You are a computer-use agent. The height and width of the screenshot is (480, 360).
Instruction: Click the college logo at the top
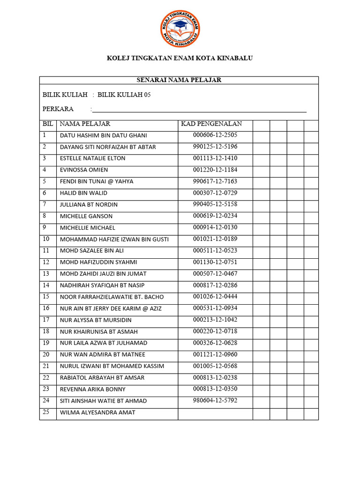point(180,29)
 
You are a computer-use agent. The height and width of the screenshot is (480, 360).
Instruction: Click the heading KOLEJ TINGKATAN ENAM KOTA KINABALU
point(180,58)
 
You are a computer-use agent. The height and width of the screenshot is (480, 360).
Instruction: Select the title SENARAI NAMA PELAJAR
point(179,80)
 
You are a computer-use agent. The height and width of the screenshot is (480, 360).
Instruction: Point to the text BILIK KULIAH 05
point(124,95)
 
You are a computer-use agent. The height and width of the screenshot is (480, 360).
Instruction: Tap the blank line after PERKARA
point(199,110)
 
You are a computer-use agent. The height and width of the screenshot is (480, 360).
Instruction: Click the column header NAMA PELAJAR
point(85,124)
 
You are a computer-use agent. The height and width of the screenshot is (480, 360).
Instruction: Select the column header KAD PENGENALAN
point(211,124)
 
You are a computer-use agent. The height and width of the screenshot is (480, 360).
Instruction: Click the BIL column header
point(48,124)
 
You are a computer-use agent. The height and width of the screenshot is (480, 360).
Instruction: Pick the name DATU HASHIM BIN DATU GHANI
point(103,135)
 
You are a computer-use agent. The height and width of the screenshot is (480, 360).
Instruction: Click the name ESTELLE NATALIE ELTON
point(92,158)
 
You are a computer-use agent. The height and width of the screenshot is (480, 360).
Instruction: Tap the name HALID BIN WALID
point(83,193)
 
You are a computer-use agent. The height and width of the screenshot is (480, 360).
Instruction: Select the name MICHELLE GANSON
point(86,216)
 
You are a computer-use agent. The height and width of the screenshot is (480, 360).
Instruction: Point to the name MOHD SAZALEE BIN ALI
point(92,251)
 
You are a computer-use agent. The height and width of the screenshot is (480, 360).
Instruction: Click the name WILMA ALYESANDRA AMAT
point(97,412)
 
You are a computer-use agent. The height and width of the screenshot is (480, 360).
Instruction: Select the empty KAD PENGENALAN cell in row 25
point(215,413)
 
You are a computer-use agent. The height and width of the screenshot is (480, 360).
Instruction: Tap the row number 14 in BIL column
point(46,285)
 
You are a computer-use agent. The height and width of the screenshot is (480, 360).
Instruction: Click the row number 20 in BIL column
point(46,354)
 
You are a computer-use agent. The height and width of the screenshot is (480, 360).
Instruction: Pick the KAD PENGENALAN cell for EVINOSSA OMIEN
point(215,170)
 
